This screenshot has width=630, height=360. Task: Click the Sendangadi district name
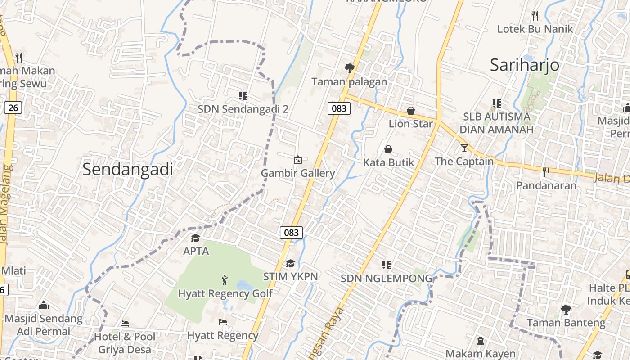point(128,169)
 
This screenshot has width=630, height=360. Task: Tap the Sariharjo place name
point(525,65)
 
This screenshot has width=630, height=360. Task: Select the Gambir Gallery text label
point(298,173)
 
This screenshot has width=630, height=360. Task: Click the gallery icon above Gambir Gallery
point(297,159)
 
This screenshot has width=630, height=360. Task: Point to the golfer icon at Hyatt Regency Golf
point(225,280)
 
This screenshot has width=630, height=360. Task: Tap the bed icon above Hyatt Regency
point(222,322)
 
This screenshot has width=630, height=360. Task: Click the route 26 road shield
point(13,108)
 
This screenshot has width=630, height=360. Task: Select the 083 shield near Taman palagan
point(339,108)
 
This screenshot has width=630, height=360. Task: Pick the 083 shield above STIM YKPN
point(291,233)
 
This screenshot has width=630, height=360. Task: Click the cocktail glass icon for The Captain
point(464,148)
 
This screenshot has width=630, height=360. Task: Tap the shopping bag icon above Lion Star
point(410,110)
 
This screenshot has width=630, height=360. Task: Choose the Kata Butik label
point(388,162)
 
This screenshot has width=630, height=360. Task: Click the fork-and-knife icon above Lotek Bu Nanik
point(535,16)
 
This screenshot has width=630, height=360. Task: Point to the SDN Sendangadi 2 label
point(243,109)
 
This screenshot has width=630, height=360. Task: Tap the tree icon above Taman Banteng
point(566,309)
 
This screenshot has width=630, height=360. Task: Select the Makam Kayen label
point(480,353)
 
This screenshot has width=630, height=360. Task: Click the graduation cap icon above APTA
point(195,238)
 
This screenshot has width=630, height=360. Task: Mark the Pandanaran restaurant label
point(546,185)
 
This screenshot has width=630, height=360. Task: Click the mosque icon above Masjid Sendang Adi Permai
point(44,305)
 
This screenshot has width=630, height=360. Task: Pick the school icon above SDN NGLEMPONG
point(386,265)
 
